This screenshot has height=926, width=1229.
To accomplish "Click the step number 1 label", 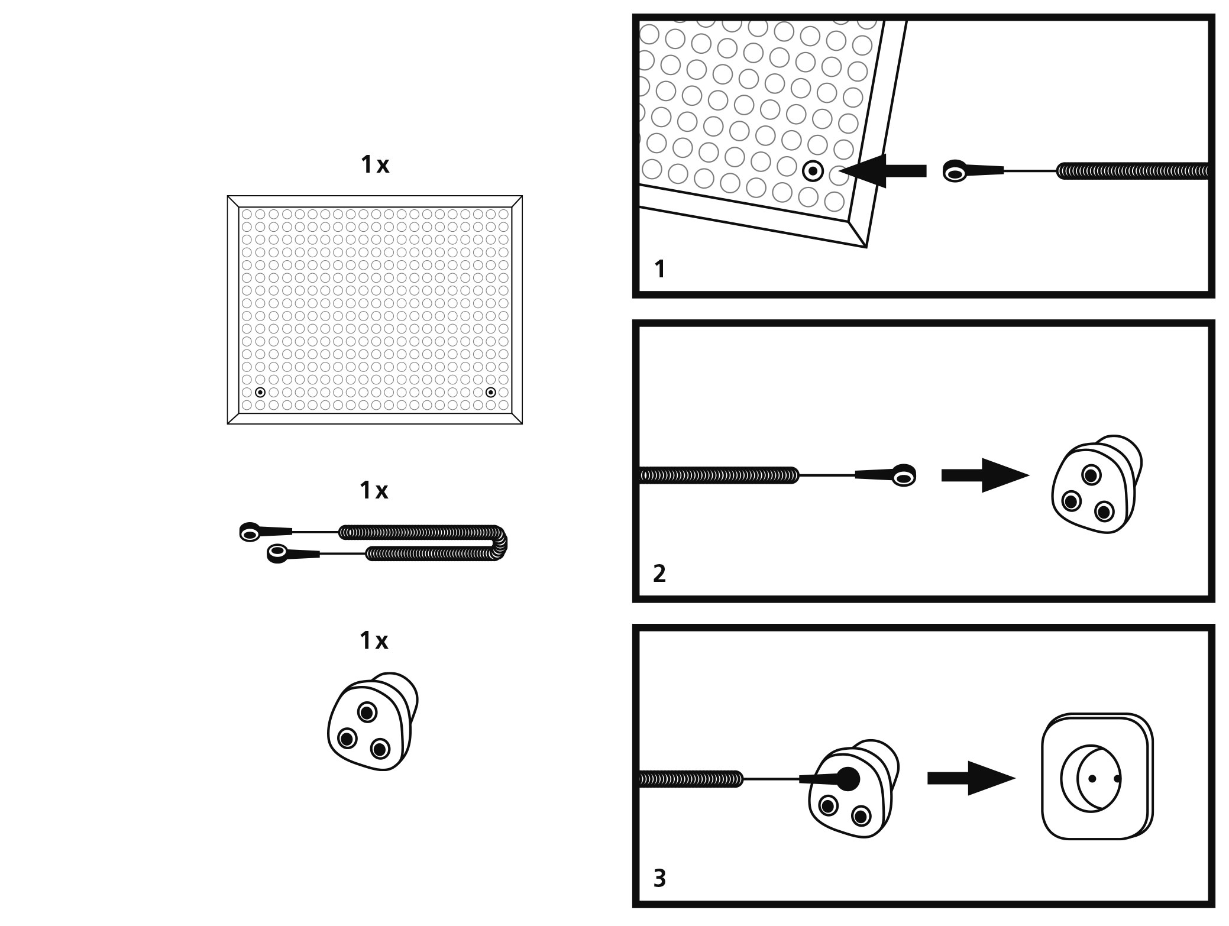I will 660,270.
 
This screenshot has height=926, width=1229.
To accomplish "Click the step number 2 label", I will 659,574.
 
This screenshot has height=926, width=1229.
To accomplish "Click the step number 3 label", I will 659,878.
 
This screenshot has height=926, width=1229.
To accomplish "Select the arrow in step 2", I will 985,475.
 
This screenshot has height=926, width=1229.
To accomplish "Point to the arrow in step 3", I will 971,778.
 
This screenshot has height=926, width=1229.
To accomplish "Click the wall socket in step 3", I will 1097,778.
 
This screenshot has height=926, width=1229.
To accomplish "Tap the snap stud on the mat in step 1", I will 813,171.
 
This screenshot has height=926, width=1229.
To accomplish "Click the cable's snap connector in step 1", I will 955,171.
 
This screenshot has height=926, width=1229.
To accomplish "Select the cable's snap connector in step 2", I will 903,475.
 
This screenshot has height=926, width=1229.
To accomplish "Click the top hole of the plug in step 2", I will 1091,474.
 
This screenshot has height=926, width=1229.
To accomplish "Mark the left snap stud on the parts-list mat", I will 260,392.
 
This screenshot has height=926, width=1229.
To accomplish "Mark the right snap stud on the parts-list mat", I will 490,392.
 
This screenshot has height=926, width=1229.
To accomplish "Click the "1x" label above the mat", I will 375,166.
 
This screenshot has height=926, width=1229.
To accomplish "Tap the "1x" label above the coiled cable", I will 374,490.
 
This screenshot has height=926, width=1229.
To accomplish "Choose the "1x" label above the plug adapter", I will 374,640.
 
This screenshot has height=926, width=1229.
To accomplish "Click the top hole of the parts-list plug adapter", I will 367,711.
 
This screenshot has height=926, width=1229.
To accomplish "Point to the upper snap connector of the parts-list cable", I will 250,533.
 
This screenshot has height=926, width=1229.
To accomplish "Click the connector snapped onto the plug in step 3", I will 848,779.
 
